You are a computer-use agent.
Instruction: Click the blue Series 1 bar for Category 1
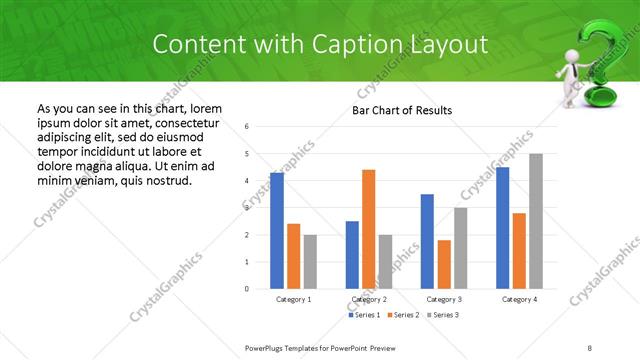pos(277,231)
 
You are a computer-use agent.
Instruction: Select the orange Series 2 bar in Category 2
pos(368,229)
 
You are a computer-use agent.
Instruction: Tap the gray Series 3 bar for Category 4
pos(536,221)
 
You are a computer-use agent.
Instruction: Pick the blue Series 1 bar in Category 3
pos(427,241)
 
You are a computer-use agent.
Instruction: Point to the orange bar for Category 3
pos(444,264)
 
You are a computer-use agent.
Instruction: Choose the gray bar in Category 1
pos(310,262)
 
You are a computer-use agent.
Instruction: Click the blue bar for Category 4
pos(502,228)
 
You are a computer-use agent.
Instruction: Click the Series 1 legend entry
pos(365,315)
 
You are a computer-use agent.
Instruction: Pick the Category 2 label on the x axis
pos(369,299)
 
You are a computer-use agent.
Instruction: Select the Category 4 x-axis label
pos(519,299)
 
